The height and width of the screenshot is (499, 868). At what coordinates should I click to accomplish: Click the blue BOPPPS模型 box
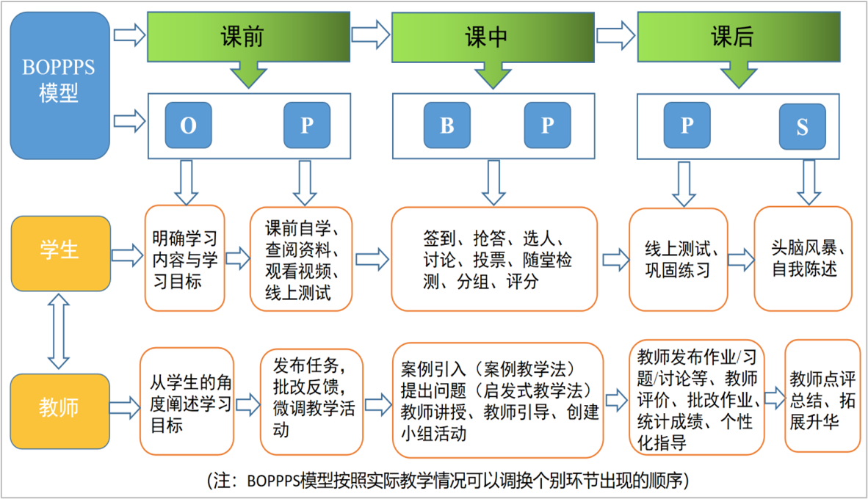(59, 84)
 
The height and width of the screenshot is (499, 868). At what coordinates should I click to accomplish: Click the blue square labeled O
(188, 125)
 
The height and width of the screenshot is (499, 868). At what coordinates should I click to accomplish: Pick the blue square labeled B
(446, 125)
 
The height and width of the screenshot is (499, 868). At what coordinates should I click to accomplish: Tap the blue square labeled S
(802, 128)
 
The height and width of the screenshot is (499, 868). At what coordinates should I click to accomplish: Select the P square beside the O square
(307, 125)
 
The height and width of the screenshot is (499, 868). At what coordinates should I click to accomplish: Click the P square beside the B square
(547, 125)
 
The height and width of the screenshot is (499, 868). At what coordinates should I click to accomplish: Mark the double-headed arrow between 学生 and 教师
(59, 331)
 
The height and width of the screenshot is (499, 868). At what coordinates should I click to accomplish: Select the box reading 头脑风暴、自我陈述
(803, 258)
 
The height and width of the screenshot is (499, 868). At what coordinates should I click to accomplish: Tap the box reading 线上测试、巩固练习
(678, 259)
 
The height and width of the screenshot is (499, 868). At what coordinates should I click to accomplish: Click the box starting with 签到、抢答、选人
(493, 259)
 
